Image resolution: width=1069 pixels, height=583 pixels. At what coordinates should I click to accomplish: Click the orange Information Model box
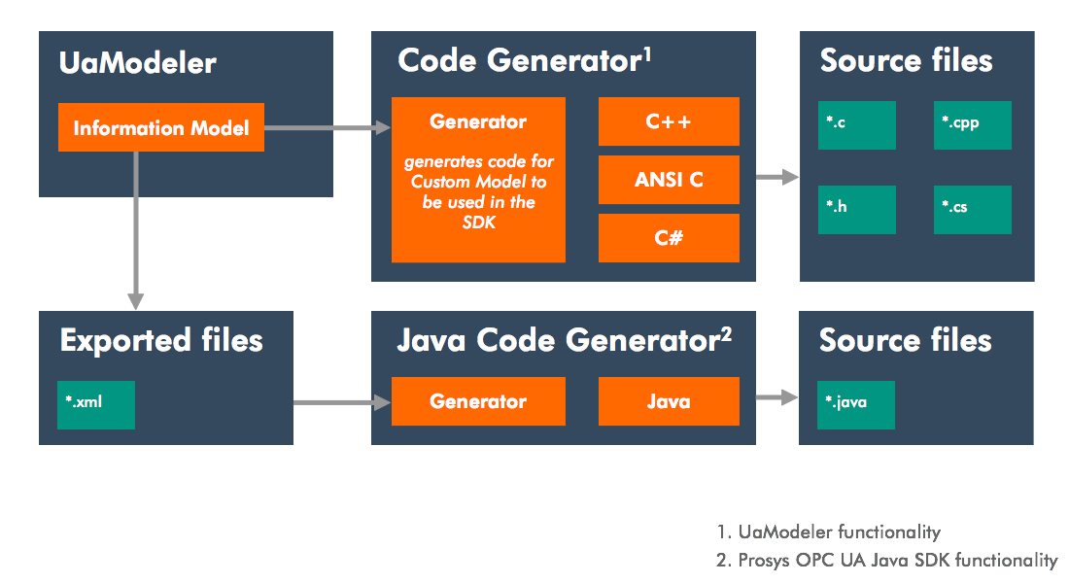coord(161,127)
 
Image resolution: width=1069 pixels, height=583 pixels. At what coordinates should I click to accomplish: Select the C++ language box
coord(669,121)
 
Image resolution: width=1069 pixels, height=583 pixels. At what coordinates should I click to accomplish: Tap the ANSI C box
coord(669,180)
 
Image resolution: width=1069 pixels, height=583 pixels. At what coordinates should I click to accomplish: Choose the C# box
coord(669,238)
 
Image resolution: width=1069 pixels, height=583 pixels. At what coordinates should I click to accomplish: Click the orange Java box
coord(669,401)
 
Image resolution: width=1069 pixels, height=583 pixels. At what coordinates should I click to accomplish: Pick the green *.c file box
coord(856,123)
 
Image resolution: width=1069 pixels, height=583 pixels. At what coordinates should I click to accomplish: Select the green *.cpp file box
coord(973,123)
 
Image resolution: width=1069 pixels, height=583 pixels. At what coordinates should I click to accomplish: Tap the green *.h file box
coord(856,209)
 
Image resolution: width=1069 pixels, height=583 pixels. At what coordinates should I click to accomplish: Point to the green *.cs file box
coord(973,209)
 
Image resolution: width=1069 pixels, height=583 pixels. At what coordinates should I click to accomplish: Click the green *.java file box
coord(856,404)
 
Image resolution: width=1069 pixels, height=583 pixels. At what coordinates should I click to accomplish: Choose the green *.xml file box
coord(96,404)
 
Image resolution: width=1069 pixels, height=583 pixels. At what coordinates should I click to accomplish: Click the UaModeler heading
coord(137,63)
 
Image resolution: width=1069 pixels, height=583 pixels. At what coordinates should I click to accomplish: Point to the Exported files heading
coord(161,340)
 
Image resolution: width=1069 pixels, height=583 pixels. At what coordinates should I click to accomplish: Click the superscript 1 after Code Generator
coord(646,52)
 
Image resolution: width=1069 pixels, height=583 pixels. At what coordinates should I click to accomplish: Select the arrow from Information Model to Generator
coord(327,127)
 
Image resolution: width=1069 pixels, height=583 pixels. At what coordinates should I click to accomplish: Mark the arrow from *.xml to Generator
coord(335,401)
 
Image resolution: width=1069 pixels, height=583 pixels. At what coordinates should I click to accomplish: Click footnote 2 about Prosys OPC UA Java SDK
coord(887,560)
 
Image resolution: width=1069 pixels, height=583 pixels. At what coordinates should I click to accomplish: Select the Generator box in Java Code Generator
coord(478,401)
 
